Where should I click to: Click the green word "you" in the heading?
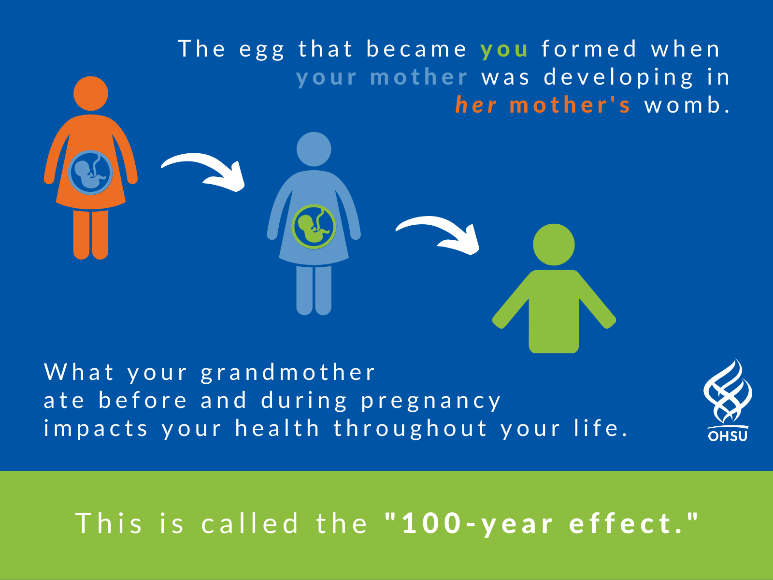click(504, 50)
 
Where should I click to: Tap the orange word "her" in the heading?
click(476, 105)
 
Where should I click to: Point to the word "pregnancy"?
click(430, 402)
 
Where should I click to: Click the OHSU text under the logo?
click(728, 436)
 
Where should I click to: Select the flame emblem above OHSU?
click(728, 391)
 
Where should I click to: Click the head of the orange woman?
click(91, 93)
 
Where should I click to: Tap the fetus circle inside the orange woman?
click(90, 173)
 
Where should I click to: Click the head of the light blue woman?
click(314, 149)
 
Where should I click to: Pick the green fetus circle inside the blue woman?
click(314, 227)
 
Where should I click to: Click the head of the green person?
click(554, 245)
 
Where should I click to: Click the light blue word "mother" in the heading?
click(419, 77)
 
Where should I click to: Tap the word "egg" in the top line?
click(262, 50)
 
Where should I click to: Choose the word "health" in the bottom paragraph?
click(277, 428)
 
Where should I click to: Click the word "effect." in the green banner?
click(633, 523)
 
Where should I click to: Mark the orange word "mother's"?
click(570, 105)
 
